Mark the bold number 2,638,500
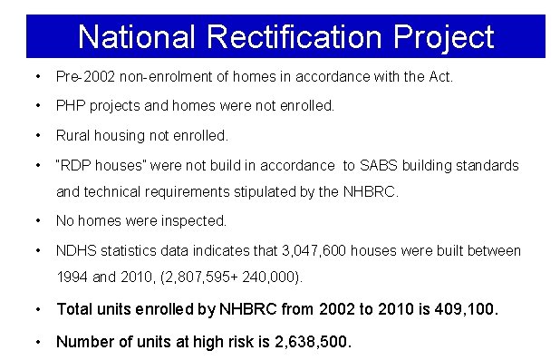click(x=306, y=342)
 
